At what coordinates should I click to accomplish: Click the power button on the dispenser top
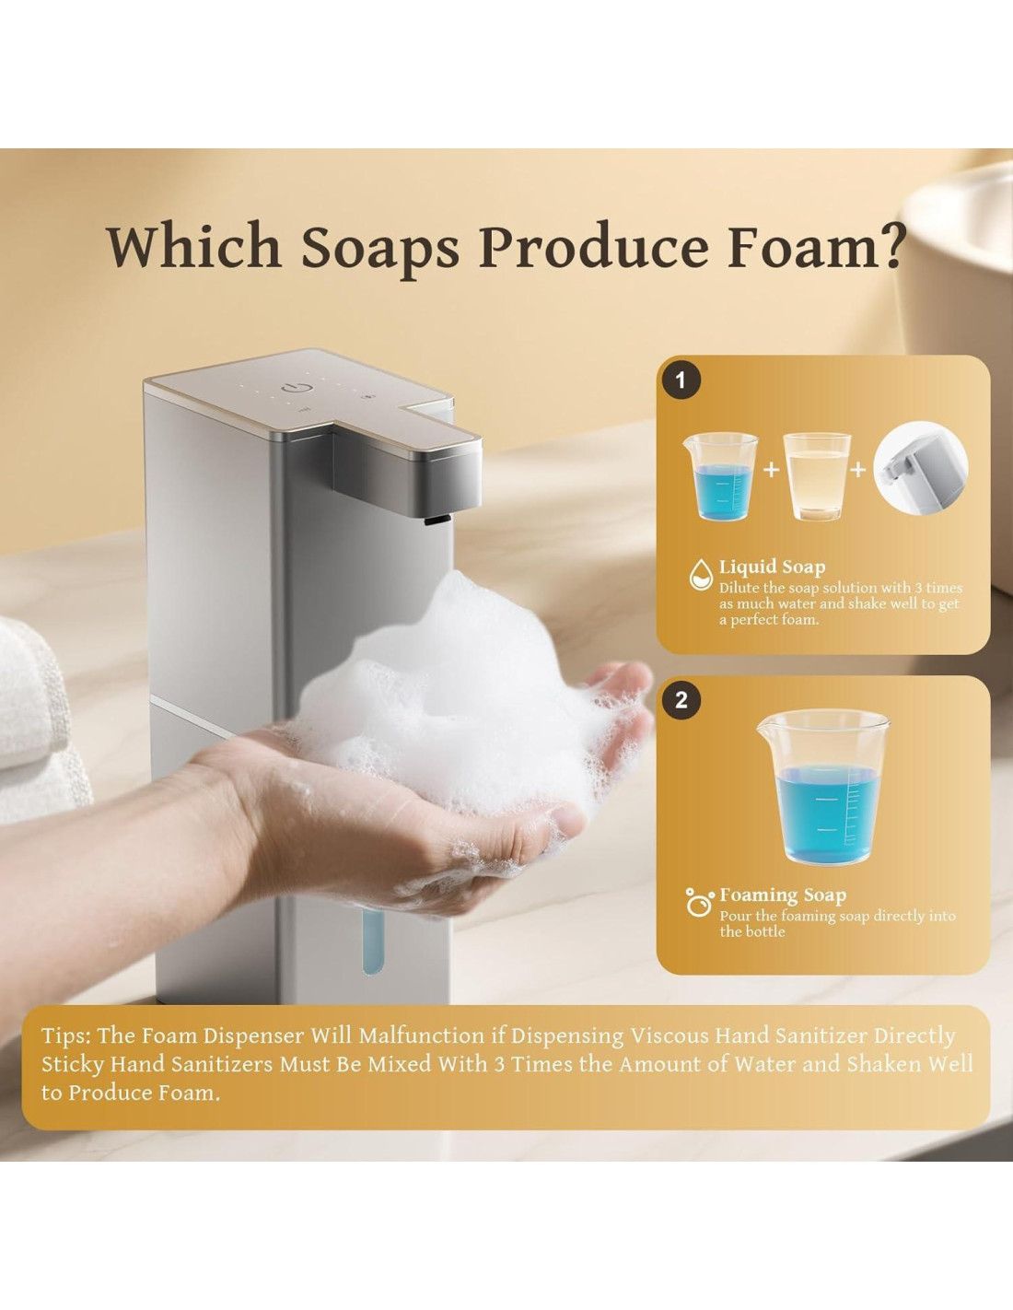(x=292, y=386)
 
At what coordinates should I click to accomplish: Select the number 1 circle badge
(x=681, y=381)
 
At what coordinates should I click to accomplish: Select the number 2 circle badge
(x=681, y=700)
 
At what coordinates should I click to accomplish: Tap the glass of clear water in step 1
(x=817, y=476)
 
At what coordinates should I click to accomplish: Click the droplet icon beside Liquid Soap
(x=701, y=575)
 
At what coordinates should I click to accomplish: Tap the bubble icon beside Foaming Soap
(x=699, y=903)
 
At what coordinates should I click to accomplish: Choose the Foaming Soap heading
(x=783, y=895)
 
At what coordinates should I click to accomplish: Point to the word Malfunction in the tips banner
(x=421, y=1035)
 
